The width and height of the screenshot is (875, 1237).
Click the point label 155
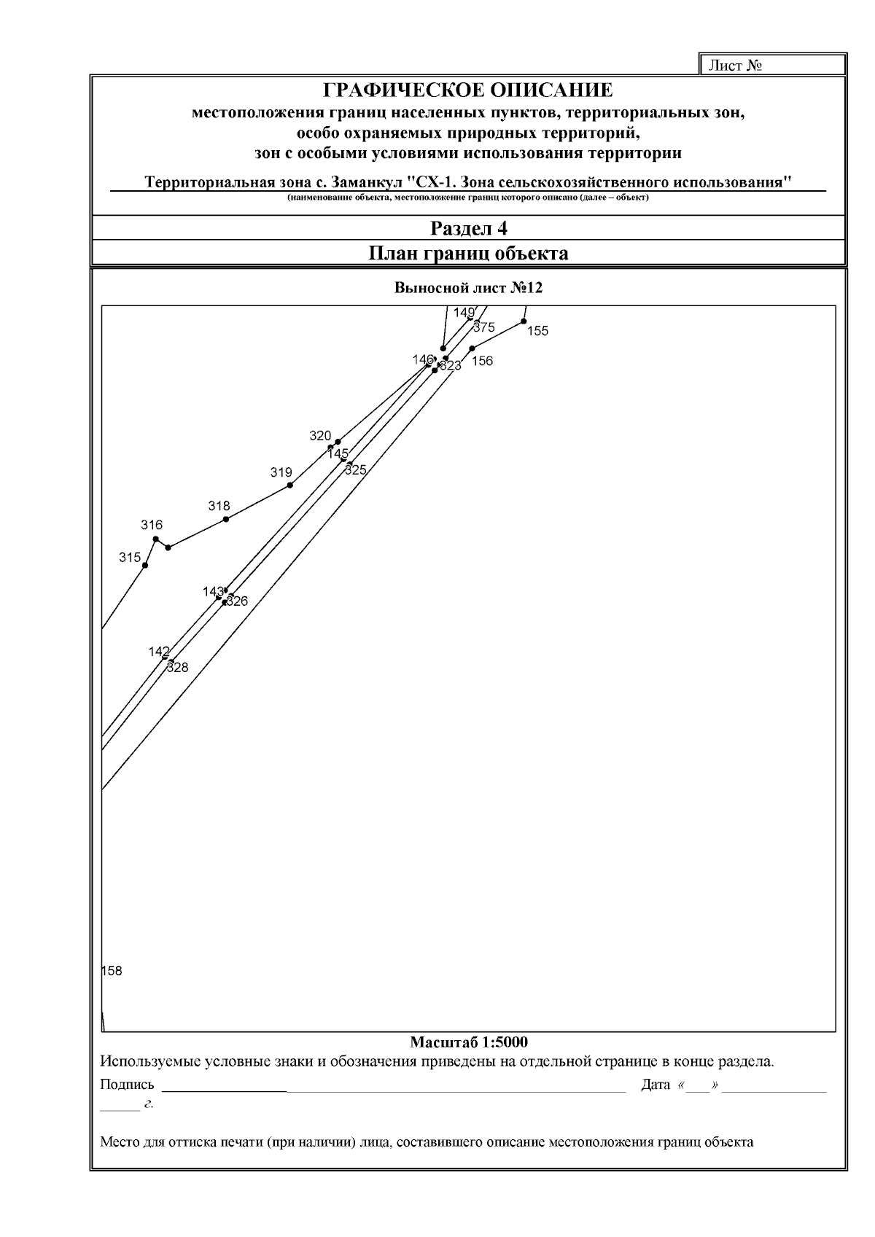(x=537, y=331)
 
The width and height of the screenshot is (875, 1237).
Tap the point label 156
(x=483, y=361)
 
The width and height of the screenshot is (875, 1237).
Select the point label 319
(x=281, y=472)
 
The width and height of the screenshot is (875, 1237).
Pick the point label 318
(x=219, y=506)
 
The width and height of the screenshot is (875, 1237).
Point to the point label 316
(x=152, y=525)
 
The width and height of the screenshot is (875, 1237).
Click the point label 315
(x=130, y=558)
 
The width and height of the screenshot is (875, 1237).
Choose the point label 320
(x=320, y=436)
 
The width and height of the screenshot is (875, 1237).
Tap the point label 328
(x=178, y=667)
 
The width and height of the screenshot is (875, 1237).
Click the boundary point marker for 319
(x=290, y=485)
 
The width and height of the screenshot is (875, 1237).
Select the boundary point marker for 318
(x=226, y=519)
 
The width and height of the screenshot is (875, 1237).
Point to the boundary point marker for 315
(x=145, y=565)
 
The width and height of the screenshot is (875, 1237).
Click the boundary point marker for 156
(x=472, y=348)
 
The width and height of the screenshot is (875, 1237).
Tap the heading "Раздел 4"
(x=468, y=228)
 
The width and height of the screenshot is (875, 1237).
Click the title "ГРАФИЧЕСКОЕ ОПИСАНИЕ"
(x=468, y=90)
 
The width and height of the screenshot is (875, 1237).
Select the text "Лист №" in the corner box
(x=736, y=66)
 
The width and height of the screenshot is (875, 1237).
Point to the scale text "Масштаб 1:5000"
(x=468, y=1042)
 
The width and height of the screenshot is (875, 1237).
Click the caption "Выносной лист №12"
(x=468, y=288)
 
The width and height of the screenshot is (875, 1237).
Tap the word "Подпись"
(x=127, y=1085)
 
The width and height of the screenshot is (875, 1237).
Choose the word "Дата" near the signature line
(x=655, y=1085)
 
